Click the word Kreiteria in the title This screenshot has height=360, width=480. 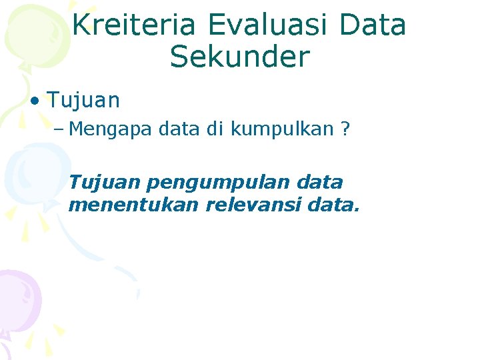point(133,25)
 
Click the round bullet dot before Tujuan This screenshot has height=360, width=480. point(34,101)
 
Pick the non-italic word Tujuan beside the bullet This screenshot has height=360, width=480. point(83,101)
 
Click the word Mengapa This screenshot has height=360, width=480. point(111,129)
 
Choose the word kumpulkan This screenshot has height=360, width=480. point(281,129)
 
